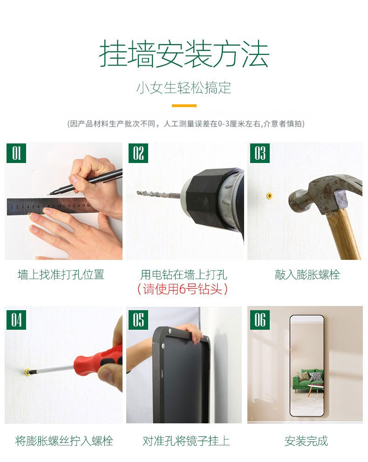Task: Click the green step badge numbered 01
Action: [16, 153]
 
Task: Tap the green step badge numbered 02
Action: [138, 153]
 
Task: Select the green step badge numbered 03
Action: [260, 153]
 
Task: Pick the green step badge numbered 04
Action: [16, 320]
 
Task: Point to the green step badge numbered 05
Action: [138, 320]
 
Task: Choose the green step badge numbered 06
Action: [260, 320]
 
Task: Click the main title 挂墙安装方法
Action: [184, 54]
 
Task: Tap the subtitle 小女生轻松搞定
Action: [184, 88]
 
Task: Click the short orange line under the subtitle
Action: [184, 105]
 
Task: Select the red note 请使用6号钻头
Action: [183, 289]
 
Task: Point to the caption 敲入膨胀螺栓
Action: [307, 275]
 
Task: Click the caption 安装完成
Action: [306, 441]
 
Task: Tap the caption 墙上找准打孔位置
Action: [61, 275]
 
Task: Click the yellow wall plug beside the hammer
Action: [269, 196]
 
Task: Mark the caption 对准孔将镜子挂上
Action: [186, 441]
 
